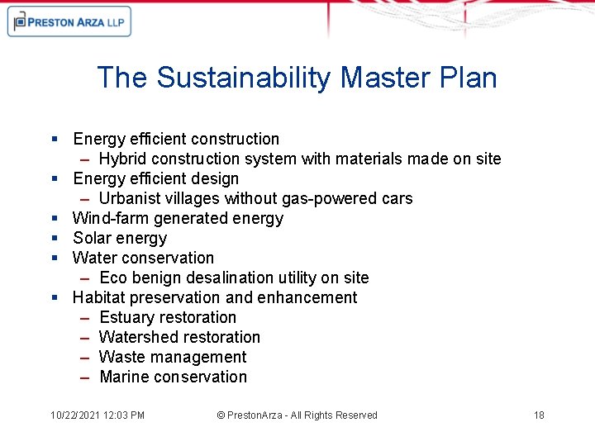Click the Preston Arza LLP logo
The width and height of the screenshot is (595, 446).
tap(69, 22)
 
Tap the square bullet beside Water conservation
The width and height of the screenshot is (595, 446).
tap(53, 259)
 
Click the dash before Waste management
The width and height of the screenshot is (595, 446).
tap(85, 357)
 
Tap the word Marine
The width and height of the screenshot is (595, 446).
tap(125, 377)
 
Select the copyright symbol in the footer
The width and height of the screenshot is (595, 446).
tap(221, 415)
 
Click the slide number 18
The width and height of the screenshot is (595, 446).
tap(539, 415)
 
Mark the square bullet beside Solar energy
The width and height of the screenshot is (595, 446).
tap(53, 239)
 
